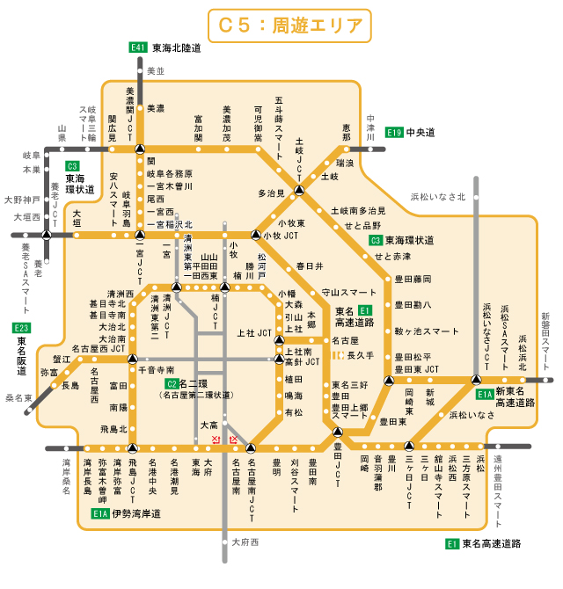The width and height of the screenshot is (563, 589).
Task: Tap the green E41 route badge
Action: tap(137, 47)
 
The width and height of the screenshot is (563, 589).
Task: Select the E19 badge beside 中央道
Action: tap(394, 132)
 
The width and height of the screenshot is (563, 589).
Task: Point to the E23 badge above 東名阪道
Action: tap(22, 328)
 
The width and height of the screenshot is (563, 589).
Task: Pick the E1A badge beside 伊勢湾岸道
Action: tap(99, 513)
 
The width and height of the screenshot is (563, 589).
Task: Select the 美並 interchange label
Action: tap(156, 70)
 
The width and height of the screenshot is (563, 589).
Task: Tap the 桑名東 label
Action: tap(18, 397)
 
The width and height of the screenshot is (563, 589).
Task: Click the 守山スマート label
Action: tap(349, 292)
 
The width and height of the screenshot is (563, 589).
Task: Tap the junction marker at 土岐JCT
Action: tap(300, 190)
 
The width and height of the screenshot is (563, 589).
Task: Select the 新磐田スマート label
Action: tap(545, 333)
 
